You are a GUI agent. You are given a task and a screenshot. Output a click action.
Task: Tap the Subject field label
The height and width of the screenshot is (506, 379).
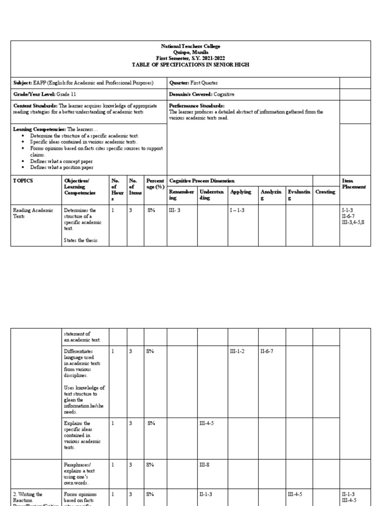click(x=22, y=83)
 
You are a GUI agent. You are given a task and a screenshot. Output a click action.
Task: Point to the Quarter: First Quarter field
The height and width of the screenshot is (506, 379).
click(x=193, y=83)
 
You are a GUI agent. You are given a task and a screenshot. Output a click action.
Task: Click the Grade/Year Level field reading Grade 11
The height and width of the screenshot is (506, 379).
click(x=45, y=94)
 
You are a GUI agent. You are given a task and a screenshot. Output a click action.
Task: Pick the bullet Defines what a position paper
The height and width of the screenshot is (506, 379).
click(x=62, y=167)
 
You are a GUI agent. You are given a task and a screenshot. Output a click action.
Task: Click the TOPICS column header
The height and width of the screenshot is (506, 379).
click(x=23, y=181)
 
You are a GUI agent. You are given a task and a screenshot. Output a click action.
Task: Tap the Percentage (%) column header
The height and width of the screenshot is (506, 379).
click(x=155, y=184)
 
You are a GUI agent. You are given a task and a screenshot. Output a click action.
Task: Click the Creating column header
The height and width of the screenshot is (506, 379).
click(x=325, y=192)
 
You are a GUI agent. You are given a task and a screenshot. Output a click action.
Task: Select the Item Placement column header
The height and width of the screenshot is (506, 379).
click(x=354, y=184)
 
